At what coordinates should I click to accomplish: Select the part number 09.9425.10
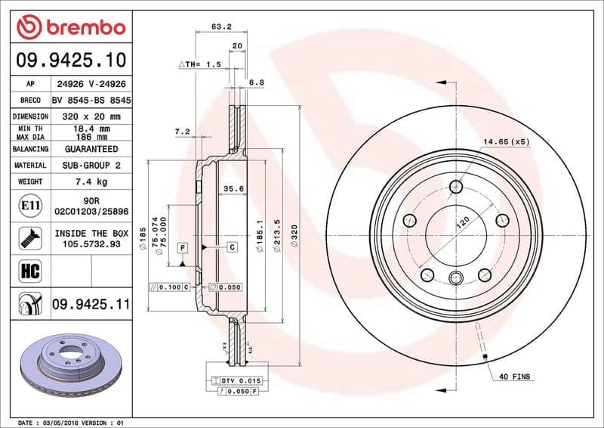[70, 60]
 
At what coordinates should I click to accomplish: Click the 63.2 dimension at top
[220, 26]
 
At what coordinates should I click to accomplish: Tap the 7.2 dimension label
[181, 132]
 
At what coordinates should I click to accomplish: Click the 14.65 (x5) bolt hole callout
[507, 141]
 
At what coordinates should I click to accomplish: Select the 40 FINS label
[516, 376]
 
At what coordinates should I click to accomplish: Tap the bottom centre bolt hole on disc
[455, 278]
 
